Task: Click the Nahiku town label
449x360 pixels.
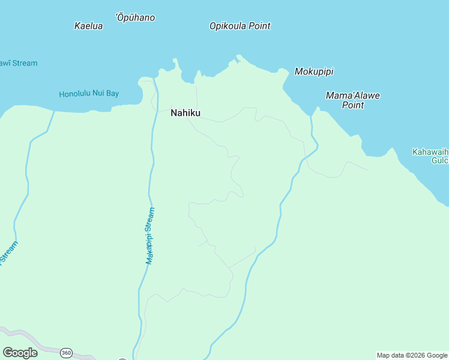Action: pos(185,113)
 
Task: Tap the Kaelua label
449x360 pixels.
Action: pos(88,26)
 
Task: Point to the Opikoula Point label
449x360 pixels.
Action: pos(240,26)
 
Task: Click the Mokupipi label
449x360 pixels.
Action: pos(314,71)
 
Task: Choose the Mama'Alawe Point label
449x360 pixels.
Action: pos(353,100)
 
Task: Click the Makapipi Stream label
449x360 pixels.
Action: pos(150,236)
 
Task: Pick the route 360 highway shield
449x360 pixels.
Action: pos(66,353)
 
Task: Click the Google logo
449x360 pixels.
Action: pos(20,353)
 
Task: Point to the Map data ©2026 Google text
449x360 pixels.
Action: pos(412,355)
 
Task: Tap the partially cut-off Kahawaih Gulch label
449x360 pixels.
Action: pos(430,156)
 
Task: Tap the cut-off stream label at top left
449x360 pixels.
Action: pos(18,63)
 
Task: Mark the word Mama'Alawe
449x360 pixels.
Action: pos(353,95)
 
